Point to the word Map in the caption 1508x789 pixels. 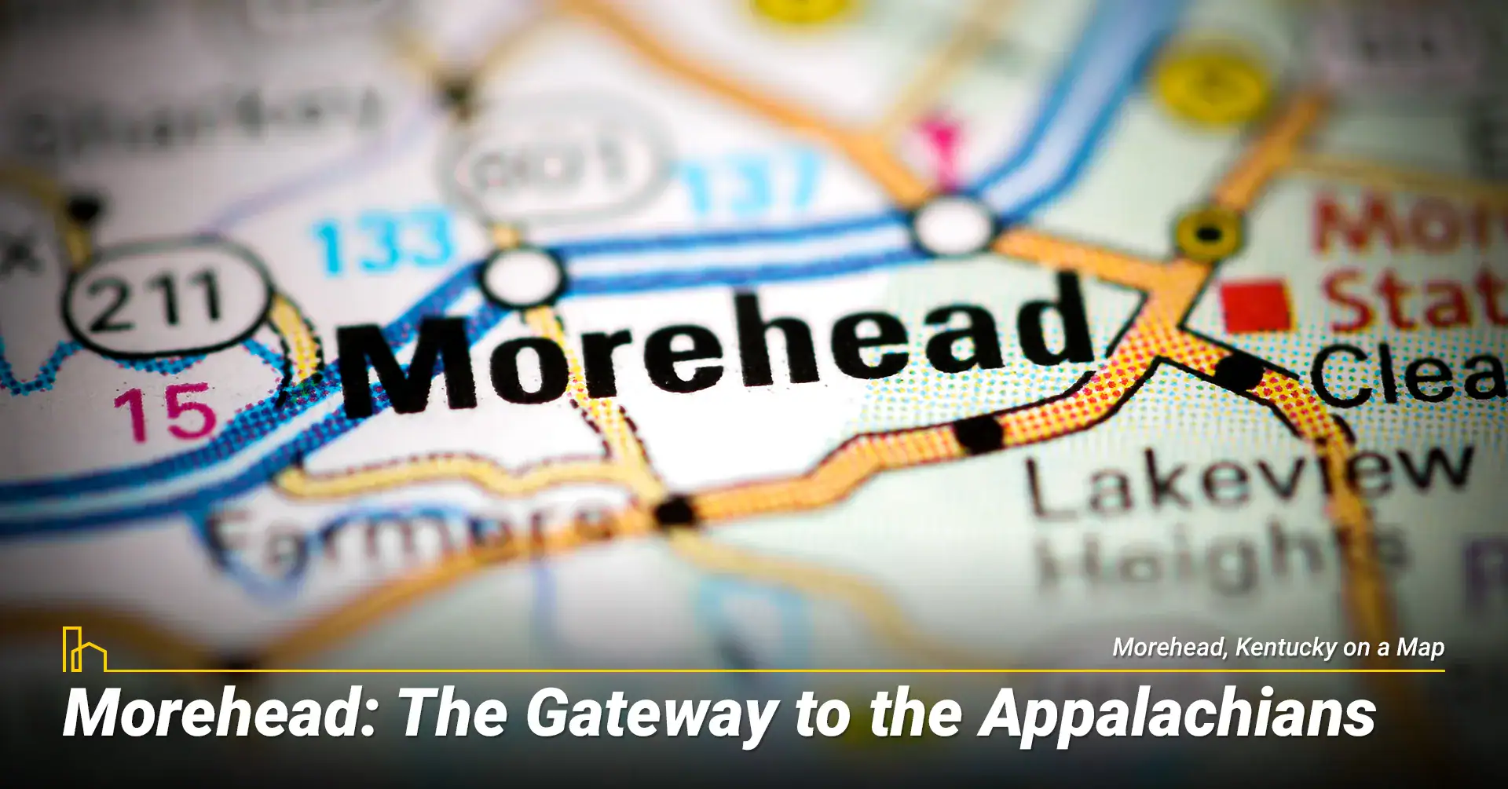[1420, 648]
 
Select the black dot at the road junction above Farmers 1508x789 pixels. [675, 512]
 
